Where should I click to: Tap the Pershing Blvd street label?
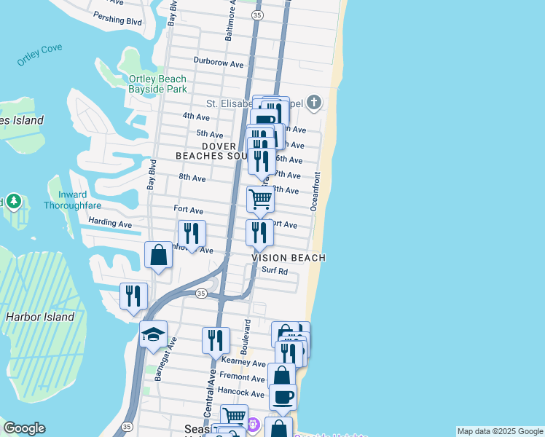coord(117,21)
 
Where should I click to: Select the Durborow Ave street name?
coord(219,63)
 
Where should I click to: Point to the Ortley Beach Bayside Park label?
coord(157,84)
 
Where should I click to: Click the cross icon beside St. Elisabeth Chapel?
coord(314,102)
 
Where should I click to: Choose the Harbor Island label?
coord(40,317)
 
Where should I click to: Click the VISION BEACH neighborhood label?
coord(289,258)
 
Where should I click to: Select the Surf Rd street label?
coord(275,272)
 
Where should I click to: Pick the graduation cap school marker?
coord(153,334)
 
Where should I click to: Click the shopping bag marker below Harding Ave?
coord(158,256)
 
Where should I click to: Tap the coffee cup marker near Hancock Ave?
coord(283,397)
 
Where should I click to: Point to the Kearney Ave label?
coord(243,363)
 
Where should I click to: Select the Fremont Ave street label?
coord(243,378)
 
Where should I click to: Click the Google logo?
coord(24,428)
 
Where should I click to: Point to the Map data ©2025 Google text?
coord(499,431)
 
